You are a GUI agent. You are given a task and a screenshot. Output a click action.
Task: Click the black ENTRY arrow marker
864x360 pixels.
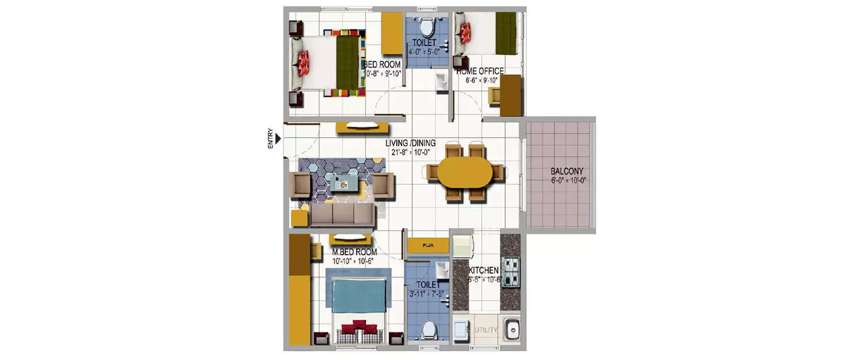point(278,138)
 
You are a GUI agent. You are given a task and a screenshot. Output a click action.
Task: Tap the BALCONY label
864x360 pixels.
point(567,171)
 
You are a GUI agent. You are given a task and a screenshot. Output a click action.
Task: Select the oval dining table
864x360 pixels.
point(465,172)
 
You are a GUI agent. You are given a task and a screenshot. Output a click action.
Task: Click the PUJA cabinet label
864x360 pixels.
point(427,245)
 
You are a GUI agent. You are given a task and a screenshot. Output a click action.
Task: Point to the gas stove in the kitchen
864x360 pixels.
point(510,271)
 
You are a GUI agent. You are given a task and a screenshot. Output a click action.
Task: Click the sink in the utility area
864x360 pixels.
point(510,329)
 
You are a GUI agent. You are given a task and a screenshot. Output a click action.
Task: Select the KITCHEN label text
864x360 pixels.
point(483,270)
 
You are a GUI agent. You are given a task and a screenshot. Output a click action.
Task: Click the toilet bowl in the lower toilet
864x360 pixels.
point(428,329)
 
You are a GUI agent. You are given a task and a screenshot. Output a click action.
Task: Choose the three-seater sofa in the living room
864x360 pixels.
point(342,215)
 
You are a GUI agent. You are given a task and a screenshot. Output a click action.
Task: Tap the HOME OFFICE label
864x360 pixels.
point(480,71)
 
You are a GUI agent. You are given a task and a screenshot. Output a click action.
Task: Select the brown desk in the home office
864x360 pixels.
point(511,94)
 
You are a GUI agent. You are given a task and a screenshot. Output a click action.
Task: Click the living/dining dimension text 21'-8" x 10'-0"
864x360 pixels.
point(411,153)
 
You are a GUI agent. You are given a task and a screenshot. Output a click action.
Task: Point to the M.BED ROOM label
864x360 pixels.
point(354,252)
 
